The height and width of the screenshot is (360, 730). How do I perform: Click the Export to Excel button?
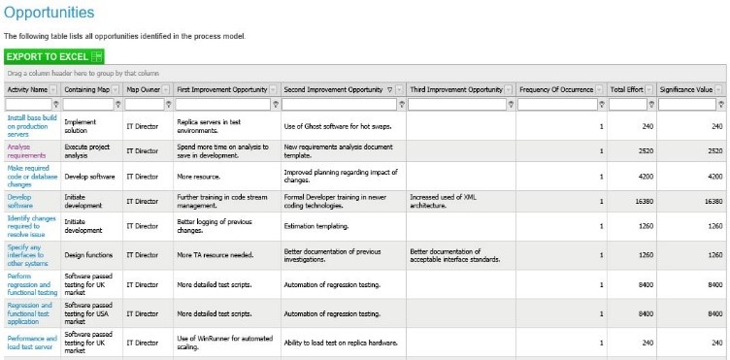click(x=53, y=57)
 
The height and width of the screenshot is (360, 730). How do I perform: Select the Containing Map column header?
click(x=86, y=89)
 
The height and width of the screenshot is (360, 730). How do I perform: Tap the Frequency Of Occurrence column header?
click(x=555, y=89)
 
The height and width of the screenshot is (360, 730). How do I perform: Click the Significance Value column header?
click(x=685, y=89)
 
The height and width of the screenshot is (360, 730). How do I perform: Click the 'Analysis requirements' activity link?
click(x=26, y=151)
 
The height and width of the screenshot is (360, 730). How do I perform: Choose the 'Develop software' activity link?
click(x=20, y=201)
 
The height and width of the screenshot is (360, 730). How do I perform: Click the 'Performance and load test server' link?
click(x=32, y=343)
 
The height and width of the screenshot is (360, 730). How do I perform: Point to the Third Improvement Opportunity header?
click(x=455, y=89)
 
